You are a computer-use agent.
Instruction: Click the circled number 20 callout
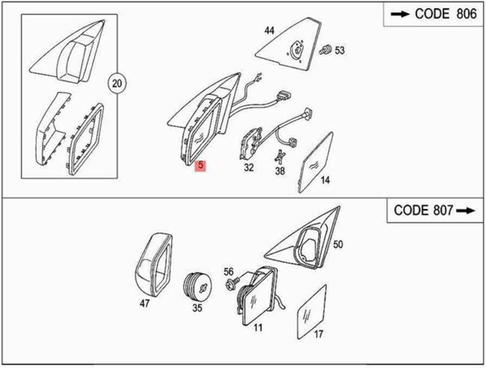pyautogui.click(x=117, y=83)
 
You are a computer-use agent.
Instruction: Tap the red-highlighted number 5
pyautogui.click(x=200, y=165)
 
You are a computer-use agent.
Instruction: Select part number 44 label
pyautogui.click(x=269, y=31)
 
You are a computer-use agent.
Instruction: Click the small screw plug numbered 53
pyautogui.click(x=326, y=50)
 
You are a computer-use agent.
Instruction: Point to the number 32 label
pyautogui.click(x=249, y=167)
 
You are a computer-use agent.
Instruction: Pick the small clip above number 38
pyautogui.click(x=280, y=157)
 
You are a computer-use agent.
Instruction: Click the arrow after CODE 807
pyautogui.click(x=466, y=211)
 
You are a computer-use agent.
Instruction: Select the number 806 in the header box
pyautogui.click(x=466, y=14)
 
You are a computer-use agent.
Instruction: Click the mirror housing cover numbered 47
pyautogui.click(x=153, y=264)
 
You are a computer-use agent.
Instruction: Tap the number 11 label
pyautogui.click(x=258, y=328)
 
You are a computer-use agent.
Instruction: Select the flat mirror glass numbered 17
pyautogui.click(x=312, y=312)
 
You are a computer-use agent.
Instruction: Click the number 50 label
pyautogui.click(x=338, y=245)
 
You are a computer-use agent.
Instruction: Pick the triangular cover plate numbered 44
pyautogui.click(x=288, y=44)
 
